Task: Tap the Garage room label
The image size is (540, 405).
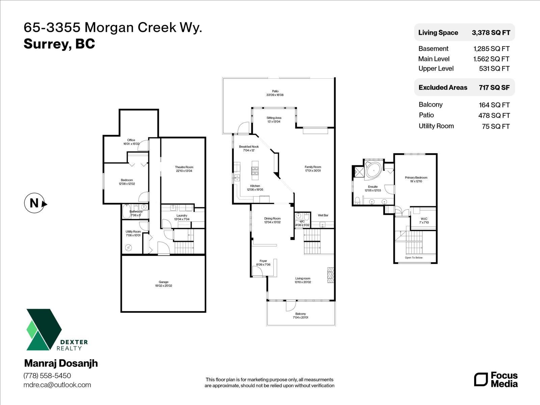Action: click(163, 284)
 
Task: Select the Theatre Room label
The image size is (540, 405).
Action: click(184, 169)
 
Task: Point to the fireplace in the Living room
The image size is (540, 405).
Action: click(330, 275)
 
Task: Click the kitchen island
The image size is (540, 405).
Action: click(255, 170)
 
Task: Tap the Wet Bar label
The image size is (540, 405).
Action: click(323, 215)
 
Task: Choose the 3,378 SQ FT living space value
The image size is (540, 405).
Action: click(491, 33)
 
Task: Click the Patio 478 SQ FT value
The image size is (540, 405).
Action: click(494, 115)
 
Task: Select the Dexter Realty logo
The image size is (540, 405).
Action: click(56, 330)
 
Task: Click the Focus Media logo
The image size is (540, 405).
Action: click(495, 379)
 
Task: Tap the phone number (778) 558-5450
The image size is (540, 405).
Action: click(47, 376)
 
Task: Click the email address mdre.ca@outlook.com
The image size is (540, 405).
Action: click(57, 385)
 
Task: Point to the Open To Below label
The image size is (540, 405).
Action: click(413, 258)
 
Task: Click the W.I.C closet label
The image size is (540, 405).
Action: click(424, 220)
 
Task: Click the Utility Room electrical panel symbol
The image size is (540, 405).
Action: click(129, 248)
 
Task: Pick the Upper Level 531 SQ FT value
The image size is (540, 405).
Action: click(494, 69)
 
